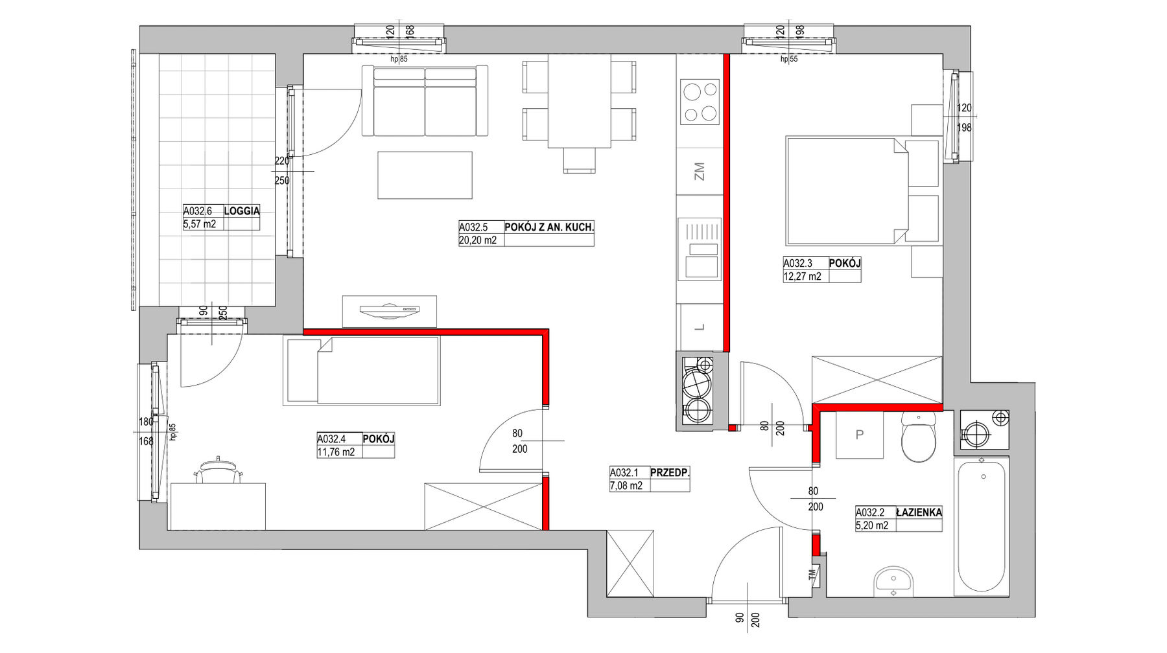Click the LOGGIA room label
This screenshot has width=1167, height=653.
point(242,211)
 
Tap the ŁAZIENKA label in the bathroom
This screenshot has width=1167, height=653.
point(919,512)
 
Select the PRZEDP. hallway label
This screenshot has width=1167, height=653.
point(670,473)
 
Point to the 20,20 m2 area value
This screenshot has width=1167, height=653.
point(478,240)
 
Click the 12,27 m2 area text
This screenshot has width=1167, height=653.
point(803,277)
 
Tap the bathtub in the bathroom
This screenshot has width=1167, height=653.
point(982,526)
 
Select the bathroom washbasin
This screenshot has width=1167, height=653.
point(893,580)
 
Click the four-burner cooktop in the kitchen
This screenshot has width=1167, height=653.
point(700,102)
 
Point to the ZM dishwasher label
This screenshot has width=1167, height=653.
point(699,172)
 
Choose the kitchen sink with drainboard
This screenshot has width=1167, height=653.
point(700,249)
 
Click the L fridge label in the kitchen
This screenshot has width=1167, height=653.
point(700,328)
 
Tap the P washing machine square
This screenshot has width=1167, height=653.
point(860,435)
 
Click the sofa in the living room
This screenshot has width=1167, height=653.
point(425,101)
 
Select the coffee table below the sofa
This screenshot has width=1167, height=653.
point(425,175)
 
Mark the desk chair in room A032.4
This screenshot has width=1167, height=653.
point(217,470)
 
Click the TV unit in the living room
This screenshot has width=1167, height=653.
point(389,311)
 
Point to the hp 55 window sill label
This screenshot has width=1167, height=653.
point(788,60)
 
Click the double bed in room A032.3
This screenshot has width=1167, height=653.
point(862,191)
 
